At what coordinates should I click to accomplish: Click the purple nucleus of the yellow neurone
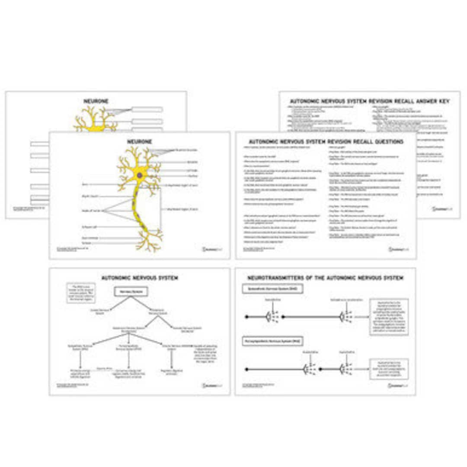tap(140, 175)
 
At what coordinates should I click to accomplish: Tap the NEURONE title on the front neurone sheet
tap(139, 141)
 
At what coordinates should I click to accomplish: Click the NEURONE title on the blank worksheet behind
tap(96, 101)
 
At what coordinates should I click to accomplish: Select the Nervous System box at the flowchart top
tap(131, 292)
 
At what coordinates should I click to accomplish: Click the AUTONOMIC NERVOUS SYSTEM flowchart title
tap(139, 278)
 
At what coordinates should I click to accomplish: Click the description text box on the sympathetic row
tap(383, 317)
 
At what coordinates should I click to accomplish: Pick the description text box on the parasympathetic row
tap(383, 369)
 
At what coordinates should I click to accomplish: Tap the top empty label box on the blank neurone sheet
tap(147, 109)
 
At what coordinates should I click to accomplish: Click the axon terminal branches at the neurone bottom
tap(150, 239)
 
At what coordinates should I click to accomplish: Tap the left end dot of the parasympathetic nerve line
tap(246, 369)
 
